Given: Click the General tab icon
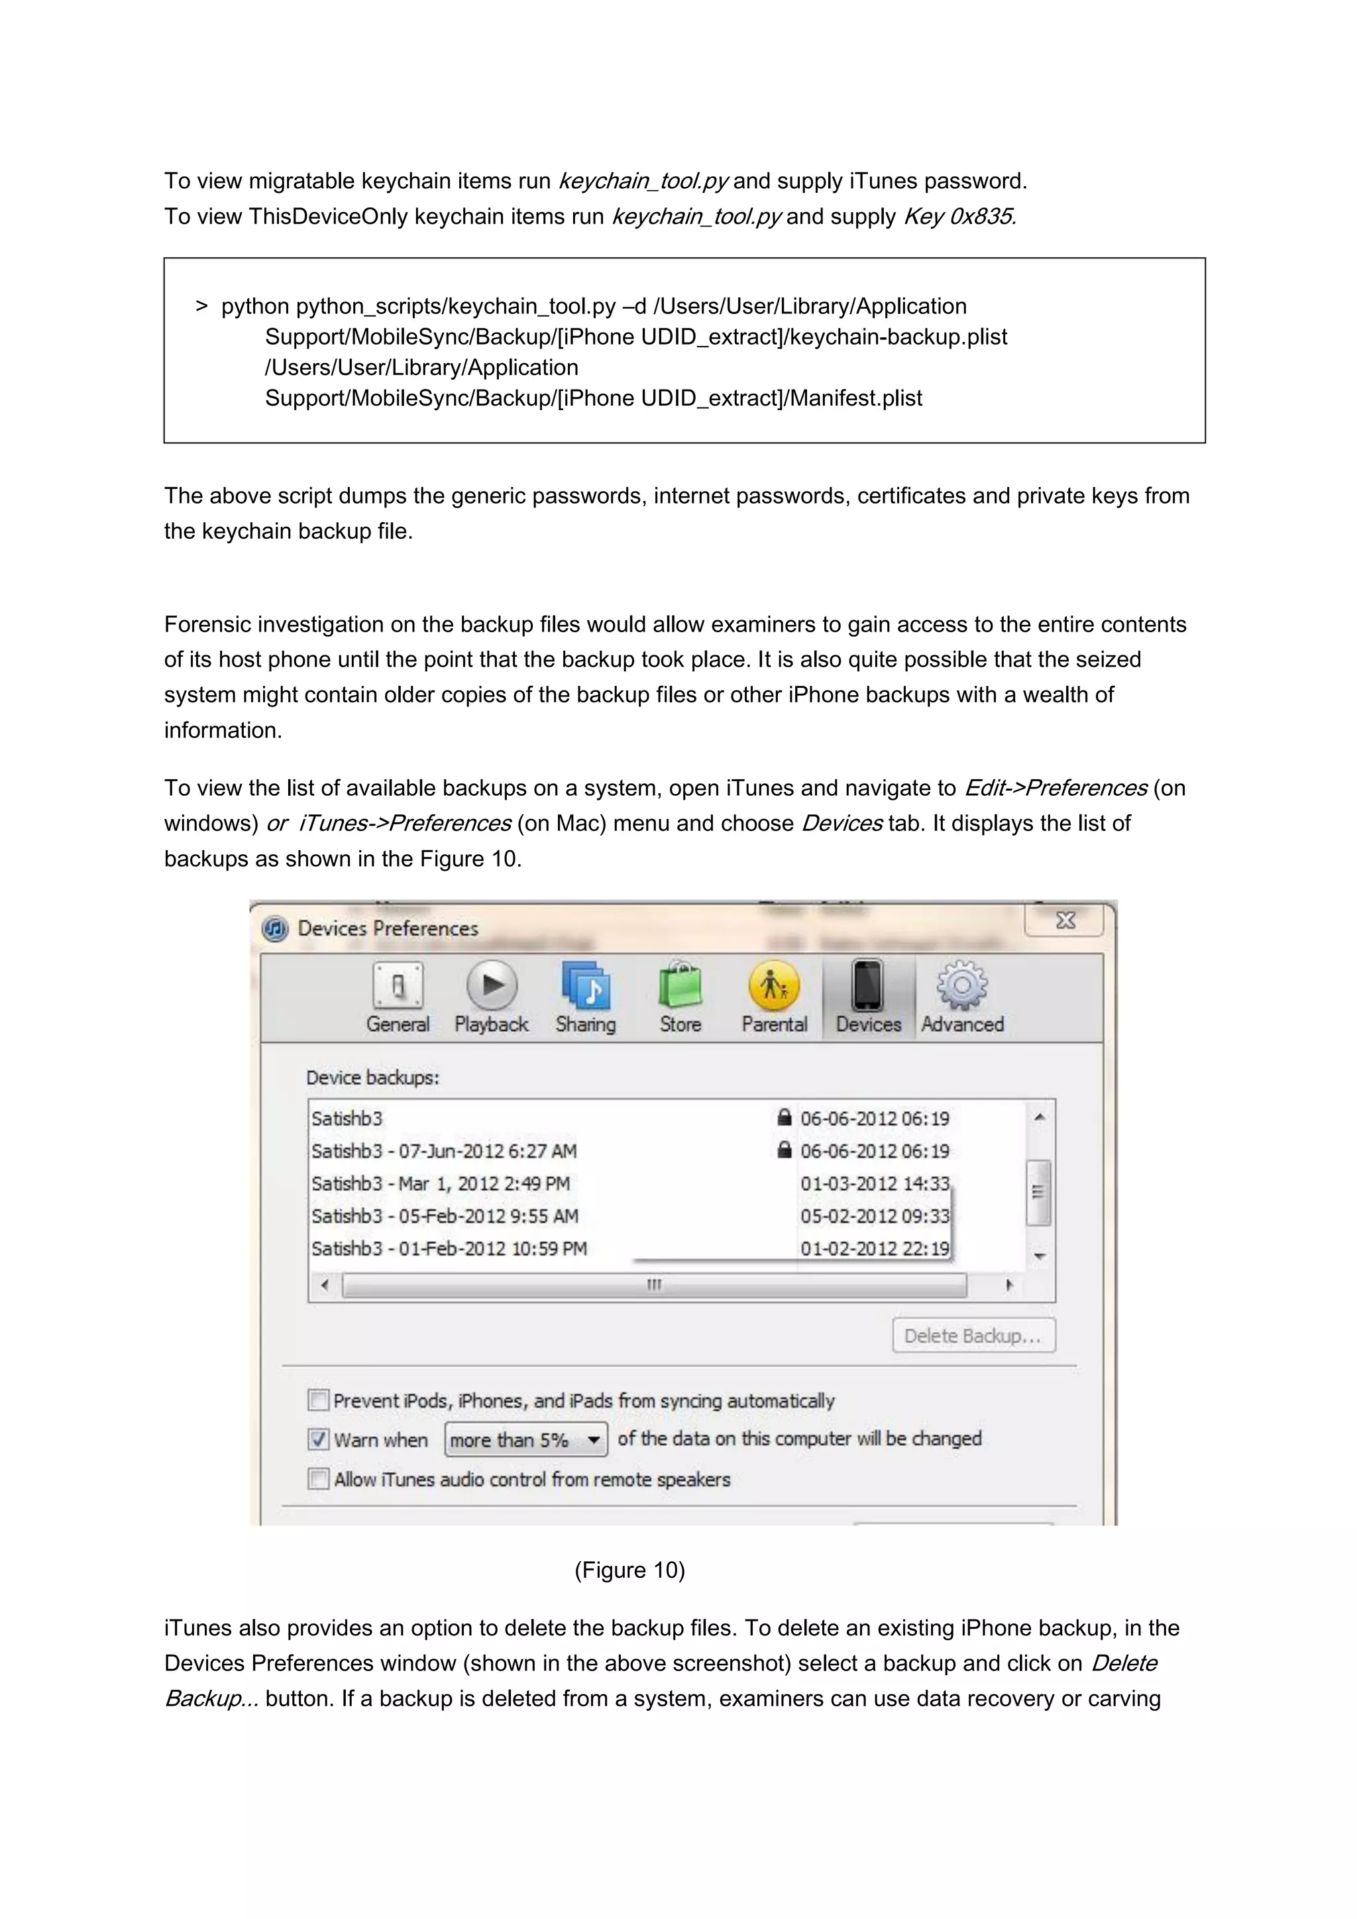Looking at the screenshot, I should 398,986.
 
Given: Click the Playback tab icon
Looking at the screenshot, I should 492,986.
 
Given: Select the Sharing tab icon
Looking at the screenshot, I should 586,986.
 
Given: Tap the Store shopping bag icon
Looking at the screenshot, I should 680,986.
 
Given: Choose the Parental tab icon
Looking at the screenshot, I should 774,986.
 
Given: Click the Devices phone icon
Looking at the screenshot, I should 867,986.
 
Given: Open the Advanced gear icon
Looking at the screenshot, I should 962,986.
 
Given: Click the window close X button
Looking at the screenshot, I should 1065,920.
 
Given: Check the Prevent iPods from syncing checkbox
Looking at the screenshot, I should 318,1400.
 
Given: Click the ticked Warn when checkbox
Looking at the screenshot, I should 318,1439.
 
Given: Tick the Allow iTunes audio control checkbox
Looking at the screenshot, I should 318,1478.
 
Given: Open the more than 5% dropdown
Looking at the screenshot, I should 525,1439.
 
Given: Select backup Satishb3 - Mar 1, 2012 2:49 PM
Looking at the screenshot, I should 441,1183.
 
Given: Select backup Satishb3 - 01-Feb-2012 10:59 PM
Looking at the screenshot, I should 449,1248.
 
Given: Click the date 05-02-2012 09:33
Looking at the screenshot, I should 874,1216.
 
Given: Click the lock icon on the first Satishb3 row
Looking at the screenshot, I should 784,1117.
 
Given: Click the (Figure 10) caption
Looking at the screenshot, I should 629,1570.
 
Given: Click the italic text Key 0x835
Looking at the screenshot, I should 959,217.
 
